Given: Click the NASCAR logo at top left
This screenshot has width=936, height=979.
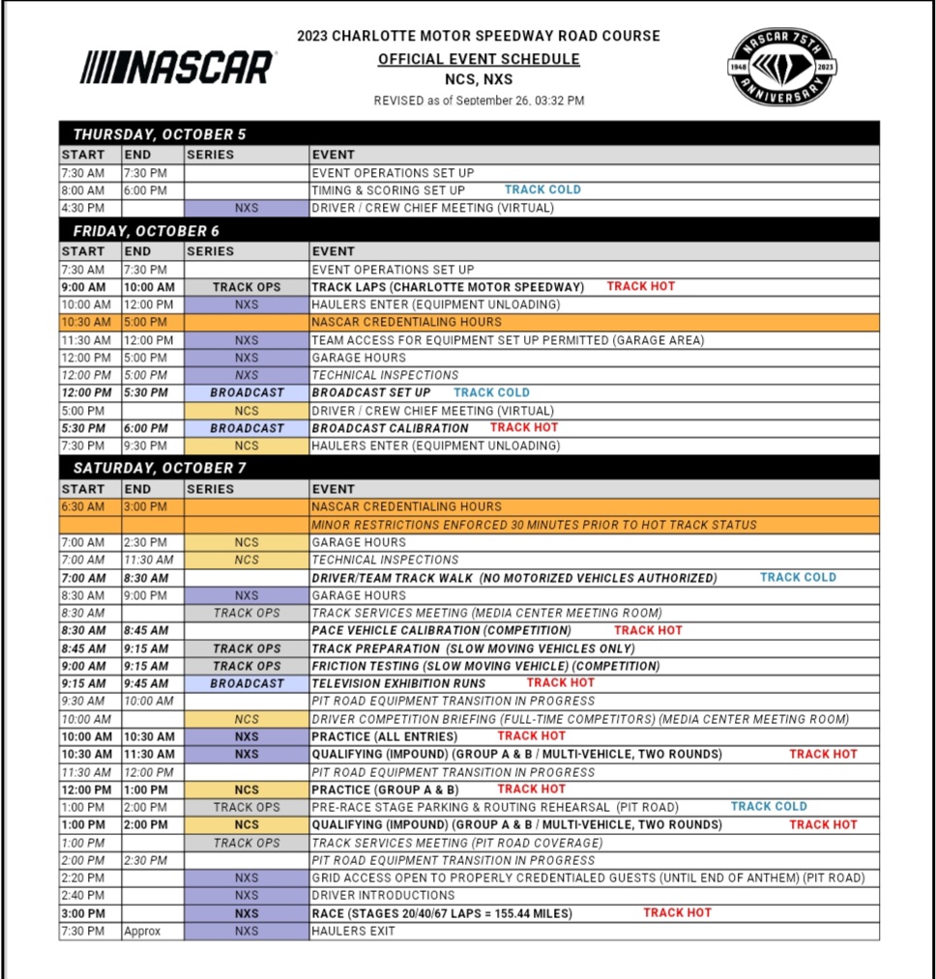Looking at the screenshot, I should point(177,68).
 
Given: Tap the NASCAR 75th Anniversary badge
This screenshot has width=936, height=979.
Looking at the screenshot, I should point(782,67).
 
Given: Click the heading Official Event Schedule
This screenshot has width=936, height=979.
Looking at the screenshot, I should point(479,59).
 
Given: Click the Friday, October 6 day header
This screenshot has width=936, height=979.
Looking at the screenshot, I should point(146,231).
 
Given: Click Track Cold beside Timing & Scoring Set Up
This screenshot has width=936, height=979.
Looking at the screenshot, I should point(542,189).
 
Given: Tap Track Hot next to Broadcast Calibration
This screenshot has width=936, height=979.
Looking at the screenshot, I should point(524,427).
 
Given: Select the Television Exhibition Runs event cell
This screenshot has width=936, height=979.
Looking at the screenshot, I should point(406,683).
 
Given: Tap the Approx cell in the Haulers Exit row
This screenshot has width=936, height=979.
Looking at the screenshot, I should point(142,932).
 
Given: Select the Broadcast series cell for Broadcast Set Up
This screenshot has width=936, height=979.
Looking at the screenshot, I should point(247,392).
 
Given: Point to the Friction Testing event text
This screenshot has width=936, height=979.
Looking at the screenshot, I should point(485,666).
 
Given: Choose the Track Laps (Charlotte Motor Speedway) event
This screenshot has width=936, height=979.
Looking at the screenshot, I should point(448,287).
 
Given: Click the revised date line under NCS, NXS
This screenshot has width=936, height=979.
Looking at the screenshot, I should point(479,101).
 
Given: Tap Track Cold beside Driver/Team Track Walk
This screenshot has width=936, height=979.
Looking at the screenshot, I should point(798,577).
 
